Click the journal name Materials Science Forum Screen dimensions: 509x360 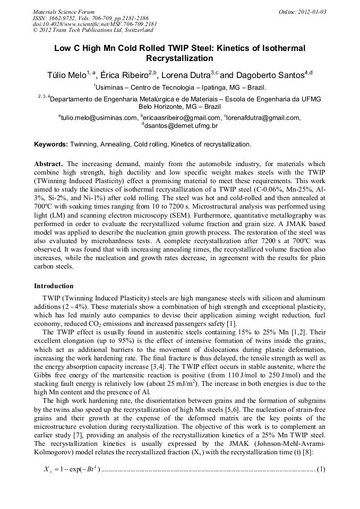point(63,11)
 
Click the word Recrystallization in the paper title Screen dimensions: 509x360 point(180,59)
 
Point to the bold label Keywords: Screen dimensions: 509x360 point(51,144)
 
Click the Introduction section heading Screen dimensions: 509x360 point(54,286)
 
